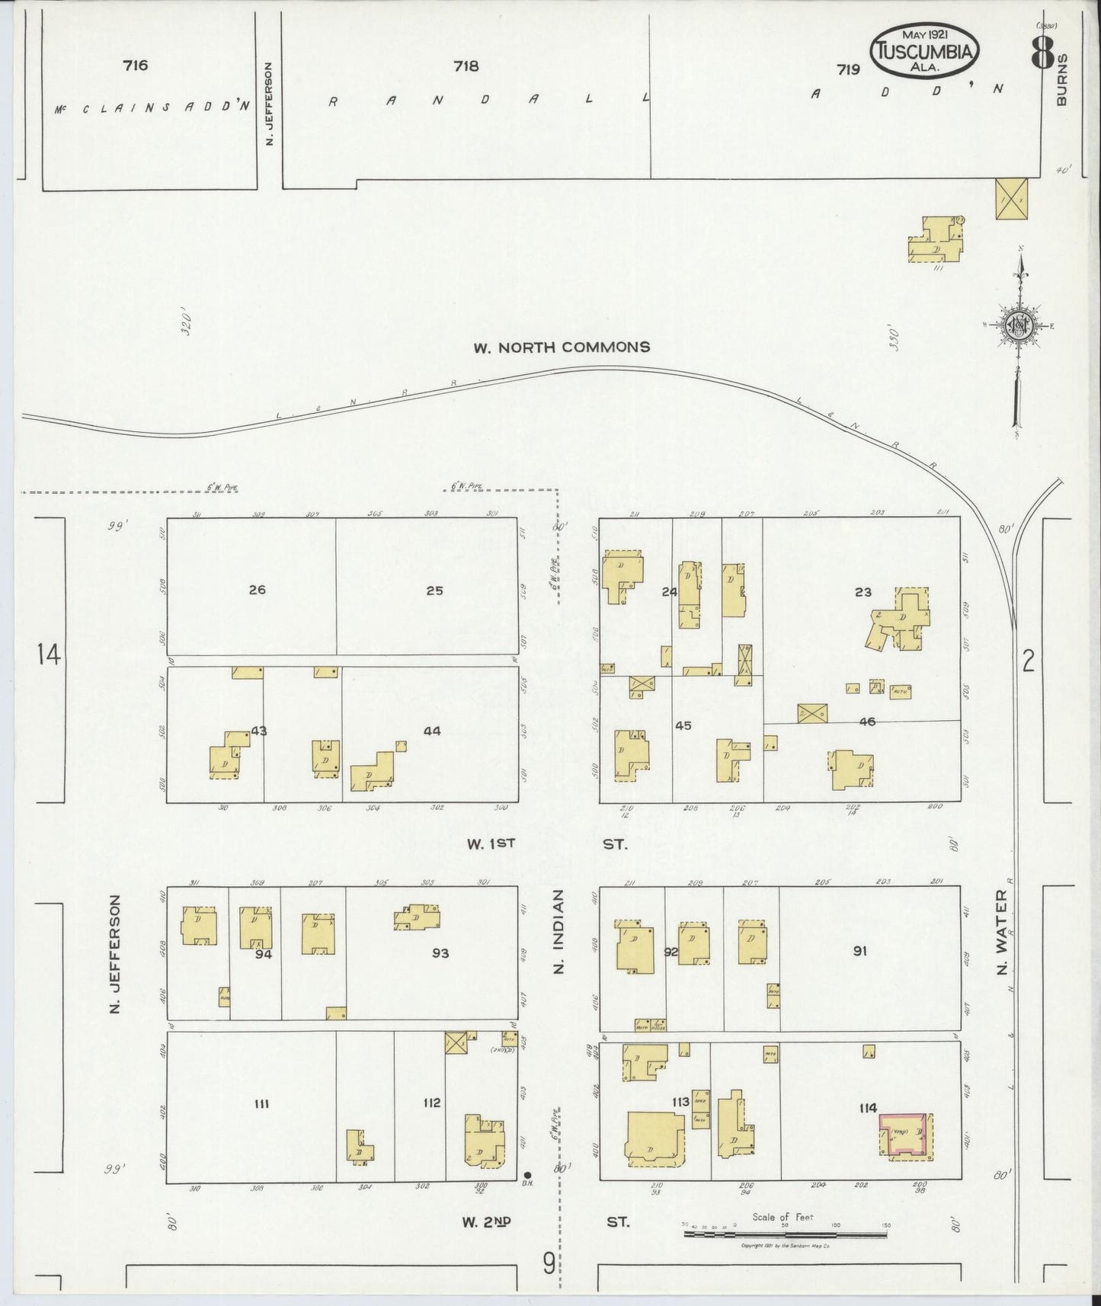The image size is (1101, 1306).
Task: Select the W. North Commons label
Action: [562, 347]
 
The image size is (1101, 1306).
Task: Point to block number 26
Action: [258, 590]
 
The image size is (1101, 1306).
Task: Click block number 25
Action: [434, 591]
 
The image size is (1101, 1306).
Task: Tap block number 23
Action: [863, 592]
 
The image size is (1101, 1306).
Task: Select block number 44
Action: [432, 731]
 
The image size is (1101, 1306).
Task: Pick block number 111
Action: [262, 1103]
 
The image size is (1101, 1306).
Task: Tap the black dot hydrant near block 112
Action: [527, 1174]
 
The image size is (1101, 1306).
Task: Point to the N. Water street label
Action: [1002, 933]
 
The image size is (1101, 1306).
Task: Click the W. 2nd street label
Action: [485, 1222]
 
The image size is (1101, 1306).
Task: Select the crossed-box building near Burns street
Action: [1011, 198]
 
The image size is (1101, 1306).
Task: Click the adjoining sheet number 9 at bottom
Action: [549, 1264]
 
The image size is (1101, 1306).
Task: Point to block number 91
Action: [859, 951]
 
